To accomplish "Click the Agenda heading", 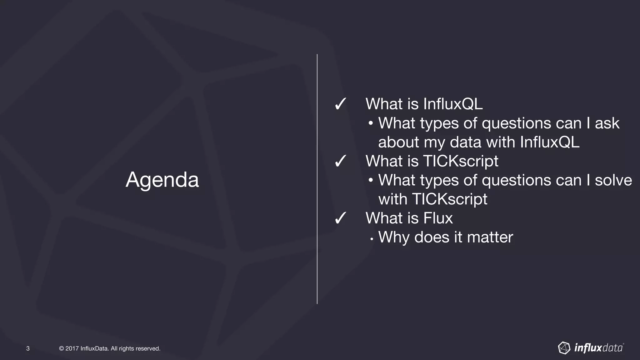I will click(162, 180).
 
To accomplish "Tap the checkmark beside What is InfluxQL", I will click(340, 104).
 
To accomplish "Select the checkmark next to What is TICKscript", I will click(340, 161).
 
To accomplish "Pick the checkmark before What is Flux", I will click(340, 218).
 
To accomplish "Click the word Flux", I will click(438, 218).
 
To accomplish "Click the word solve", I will click(613, 180).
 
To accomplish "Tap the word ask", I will click(607, 123).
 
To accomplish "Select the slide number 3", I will click(28, 348).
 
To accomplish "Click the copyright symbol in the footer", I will click(61, 348).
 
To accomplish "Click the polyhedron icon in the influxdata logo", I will click(564, 348).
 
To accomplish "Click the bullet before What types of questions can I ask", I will click(371, 123).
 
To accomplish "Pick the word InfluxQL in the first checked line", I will click(453, 104).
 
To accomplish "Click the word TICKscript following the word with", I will click(449, 199).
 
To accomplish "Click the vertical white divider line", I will click(317, 179).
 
